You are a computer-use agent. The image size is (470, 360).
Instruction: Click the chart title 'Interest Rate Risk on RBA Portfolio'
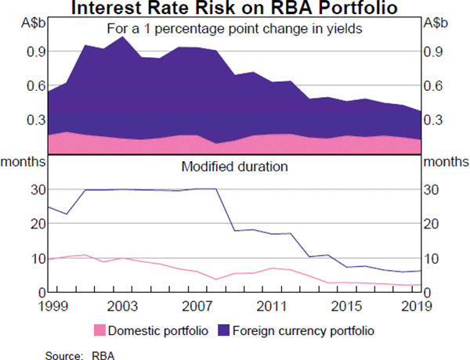point(235,9)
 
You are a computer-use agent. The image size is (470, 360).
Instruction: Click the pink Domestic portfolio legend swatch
point(100,330)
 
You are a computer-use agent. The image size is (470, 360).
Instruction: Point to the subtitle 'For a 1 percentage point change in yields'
point(235,31)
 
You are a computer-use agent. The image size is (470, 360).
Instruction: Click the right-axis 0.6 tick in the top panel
point(435,85)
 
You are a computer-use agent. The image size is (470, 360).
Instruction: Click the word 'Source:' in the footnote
point(62,353)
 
